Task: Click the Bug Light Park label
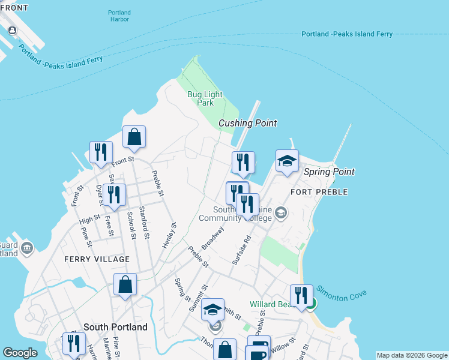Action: (205, 98)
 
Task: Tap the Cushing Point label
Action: (247, 123)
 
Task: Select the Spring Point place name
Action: (329, 172)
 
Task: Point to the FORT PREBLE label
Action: (319, 192)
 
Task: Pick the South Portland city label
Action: (115, 328)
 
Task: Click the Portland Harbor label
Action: (119, 16)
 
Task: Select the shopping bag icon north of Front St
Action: (134, 137)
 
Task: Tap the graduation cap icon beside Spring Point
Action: (287, 161)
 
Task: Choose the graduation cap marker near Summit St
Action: (212, 310)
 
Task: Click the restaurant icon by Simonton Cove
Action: (301, 295)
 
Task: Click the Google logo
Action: (20, 353)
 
